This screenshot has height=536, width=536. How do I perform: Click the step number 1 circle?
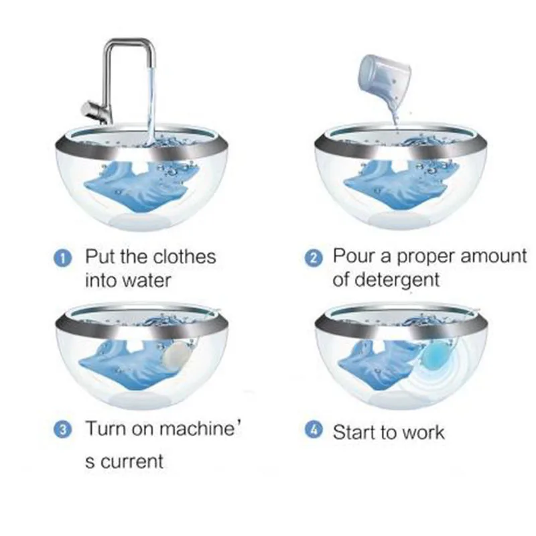coord(62,259)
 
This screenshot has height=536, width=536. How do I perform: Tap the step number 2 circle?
coord(313,259)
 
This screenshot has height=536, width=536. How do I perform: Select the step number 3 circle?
coord(62,429)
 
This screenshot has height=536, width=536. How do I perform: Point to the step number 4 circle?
coord(313,430)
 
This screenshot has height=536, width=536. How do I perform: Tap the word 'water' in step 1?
coord(146,281)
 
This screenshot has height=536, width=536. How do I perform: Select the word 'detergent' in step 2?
coord(397,280)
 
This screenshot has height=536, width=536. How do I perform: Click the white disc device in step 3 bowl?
coord(176,355)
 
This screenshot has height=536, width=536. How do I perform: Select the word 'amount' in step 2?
coord(493,257)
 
